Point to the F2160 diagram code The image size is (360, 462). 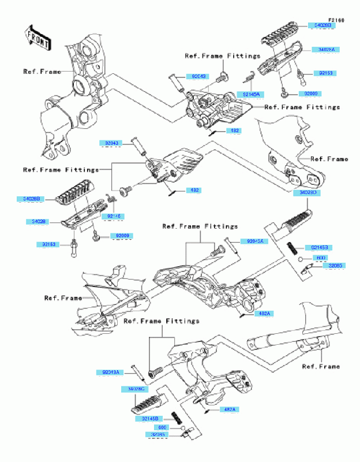pos(336,20)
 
